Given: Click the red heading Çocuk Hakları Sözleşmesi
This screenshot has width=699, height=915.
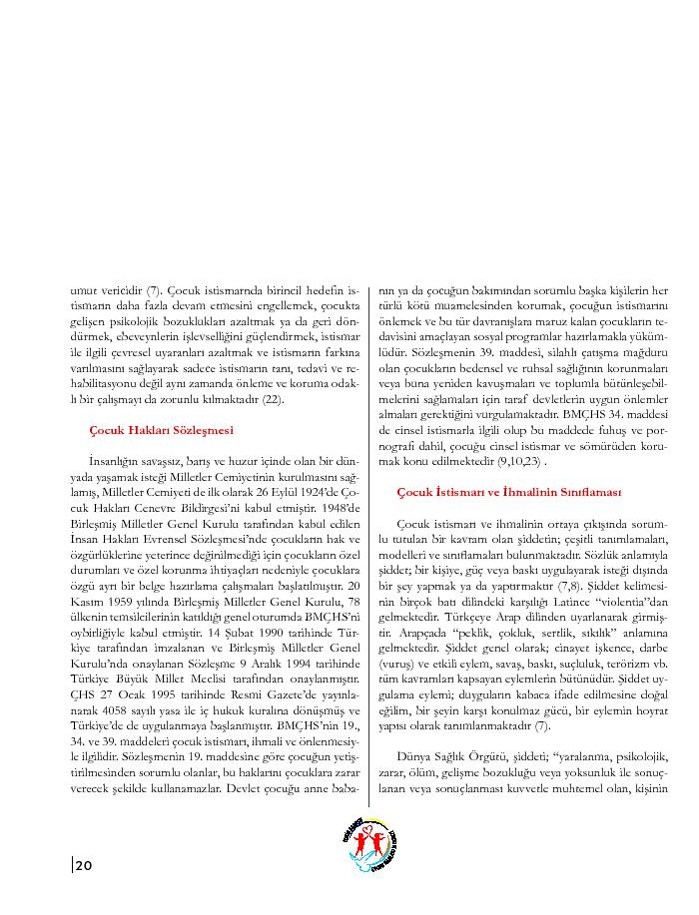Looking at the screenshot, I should [161, 430].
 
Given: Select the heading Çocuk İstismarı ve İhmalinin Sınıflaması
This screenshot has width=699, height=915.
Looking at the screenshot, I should [509, 493].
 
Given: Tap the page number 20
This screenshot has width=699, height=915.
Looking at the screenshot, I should [84, 865].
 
